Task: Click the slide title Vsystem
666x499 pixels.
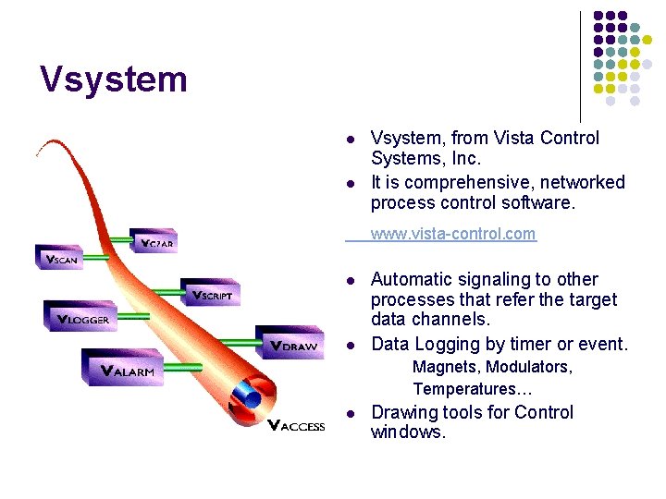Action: [x=114, y=79]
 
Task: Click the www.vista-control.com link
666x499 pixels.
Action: [x=452, y=234]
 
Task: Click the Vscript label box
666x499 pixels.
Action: [x=212, y=293]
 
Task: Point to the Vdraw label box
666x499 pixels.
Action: [x=289, y=343]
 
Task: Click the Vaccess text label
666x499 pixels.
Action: [x=296, y=425]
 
